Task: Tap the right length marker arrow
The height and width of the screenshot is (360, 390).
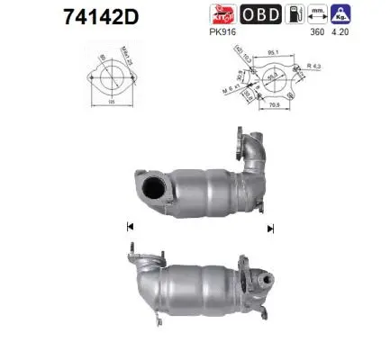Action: tap(269, 229)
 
